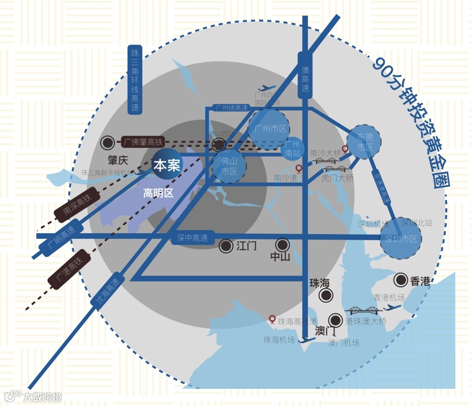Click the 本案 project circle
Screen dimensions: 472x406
tap(168, 165)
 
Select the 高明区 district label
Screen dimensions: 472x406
tap(158, 193)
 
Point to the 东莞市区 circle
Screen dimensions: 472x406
tap(365, 142)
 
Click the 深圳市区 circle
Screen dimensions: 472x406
tap(401, 238)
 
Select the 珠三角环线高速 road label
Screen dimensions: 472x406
tap(135, 81)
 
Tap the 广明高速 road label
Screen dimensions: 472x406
tap(61, 238)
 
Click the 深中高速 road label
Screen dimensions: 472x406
tap(192, 238)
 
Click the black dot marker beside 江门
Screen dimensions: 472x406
tap(226, 245)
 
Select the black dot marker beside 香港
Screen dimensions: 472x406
tap(400, 279)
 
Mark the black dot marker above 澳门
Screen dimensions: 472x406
tap(336, 320)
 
